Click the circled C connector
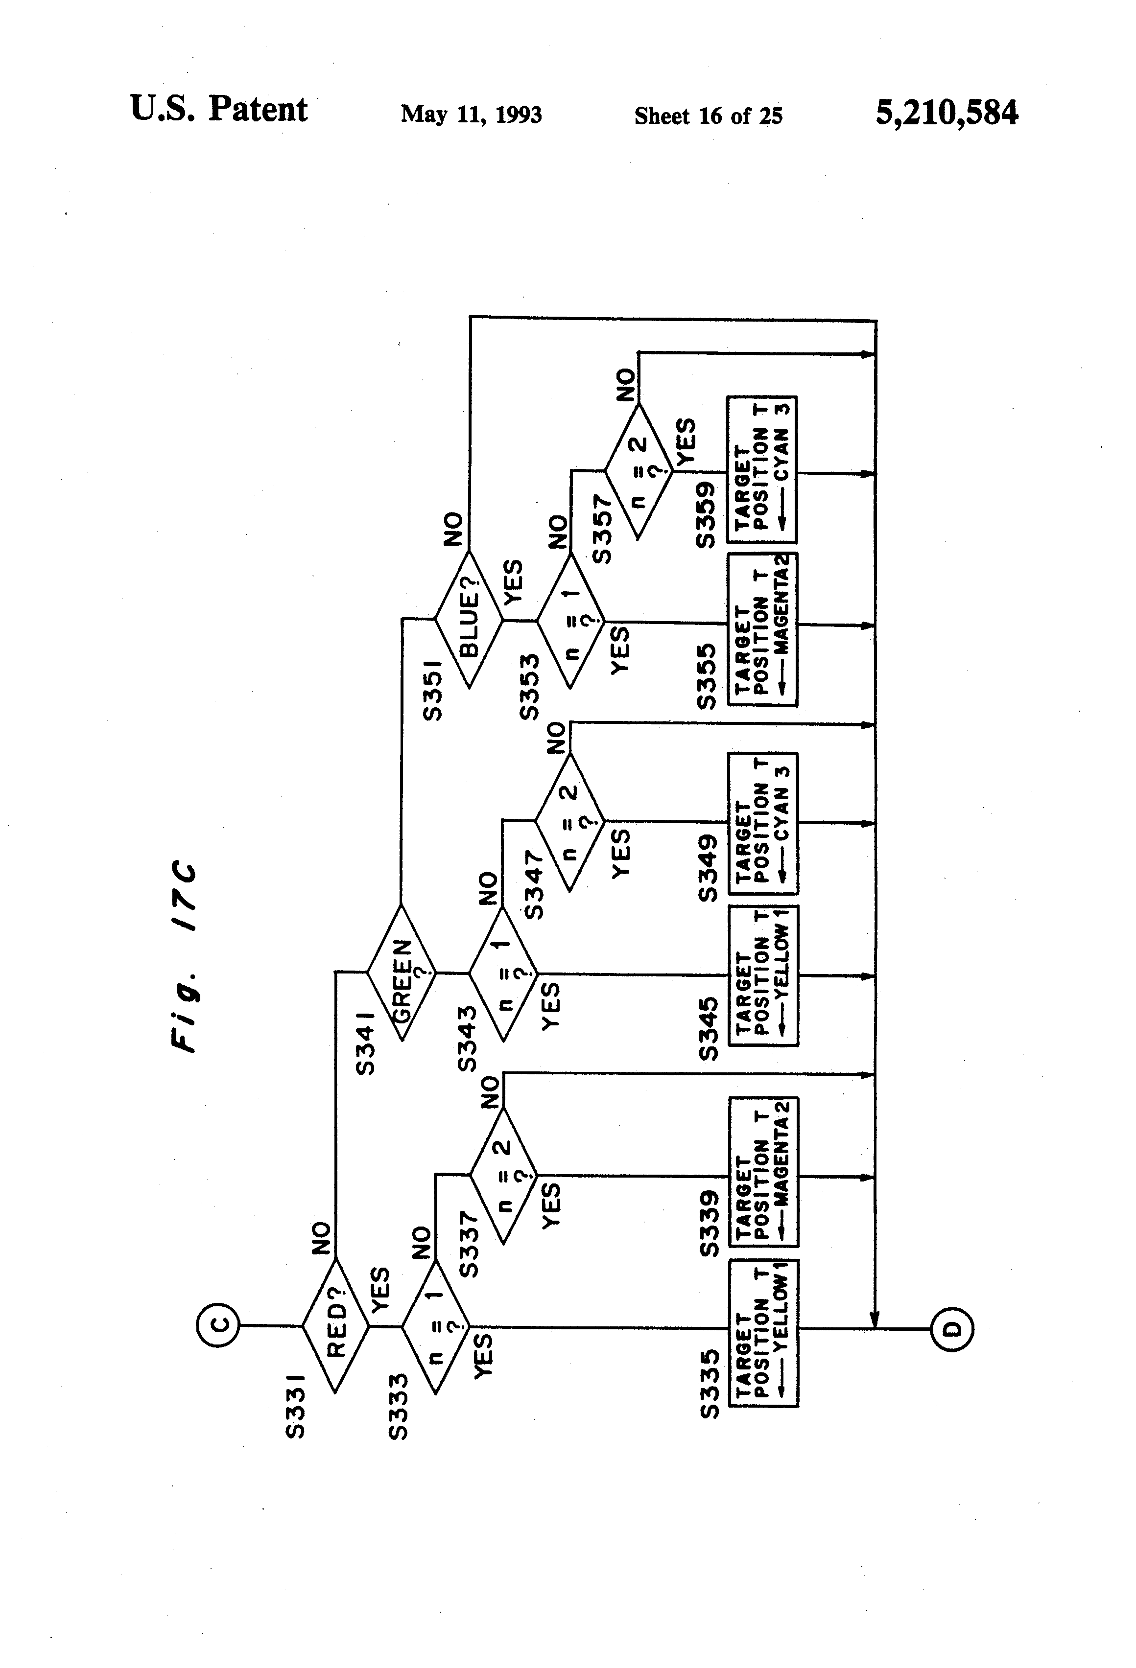click(219, 1325)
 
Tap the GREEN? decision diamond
click(402, 973)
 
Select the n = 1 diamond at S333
click(435, 1326)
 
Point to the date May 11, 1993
click(471, 115)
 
